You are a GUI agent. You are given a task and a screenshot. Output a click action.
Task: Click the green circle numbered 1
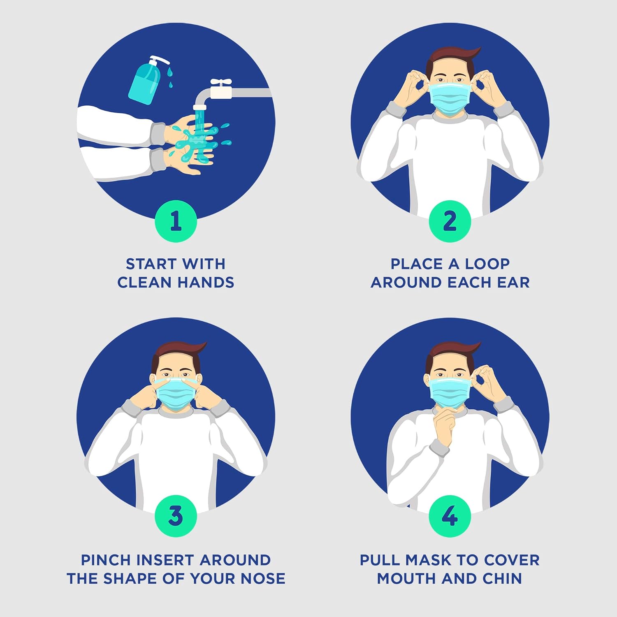click(176, 221)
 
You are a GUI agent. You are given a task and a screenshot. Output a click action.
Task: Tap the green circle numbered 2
click(450, 221)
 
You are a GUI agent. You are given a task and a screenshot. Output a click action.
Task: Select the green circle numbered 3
click(176, 516)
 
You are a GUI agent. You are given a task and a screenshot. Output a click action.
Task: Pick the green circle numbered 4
click(450, 516)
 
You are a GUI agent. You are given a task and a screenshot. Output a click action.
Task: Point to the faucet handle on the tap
click(221, 83)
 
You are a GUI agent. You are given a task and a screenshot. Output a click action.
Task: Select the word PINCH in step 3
click(106, 560)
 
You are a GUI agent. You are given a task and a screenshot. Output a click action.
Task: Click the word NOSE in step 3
click(263, 578)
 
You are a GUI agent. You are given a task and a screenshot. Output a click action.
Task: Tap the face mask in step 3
click(176, 393)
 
